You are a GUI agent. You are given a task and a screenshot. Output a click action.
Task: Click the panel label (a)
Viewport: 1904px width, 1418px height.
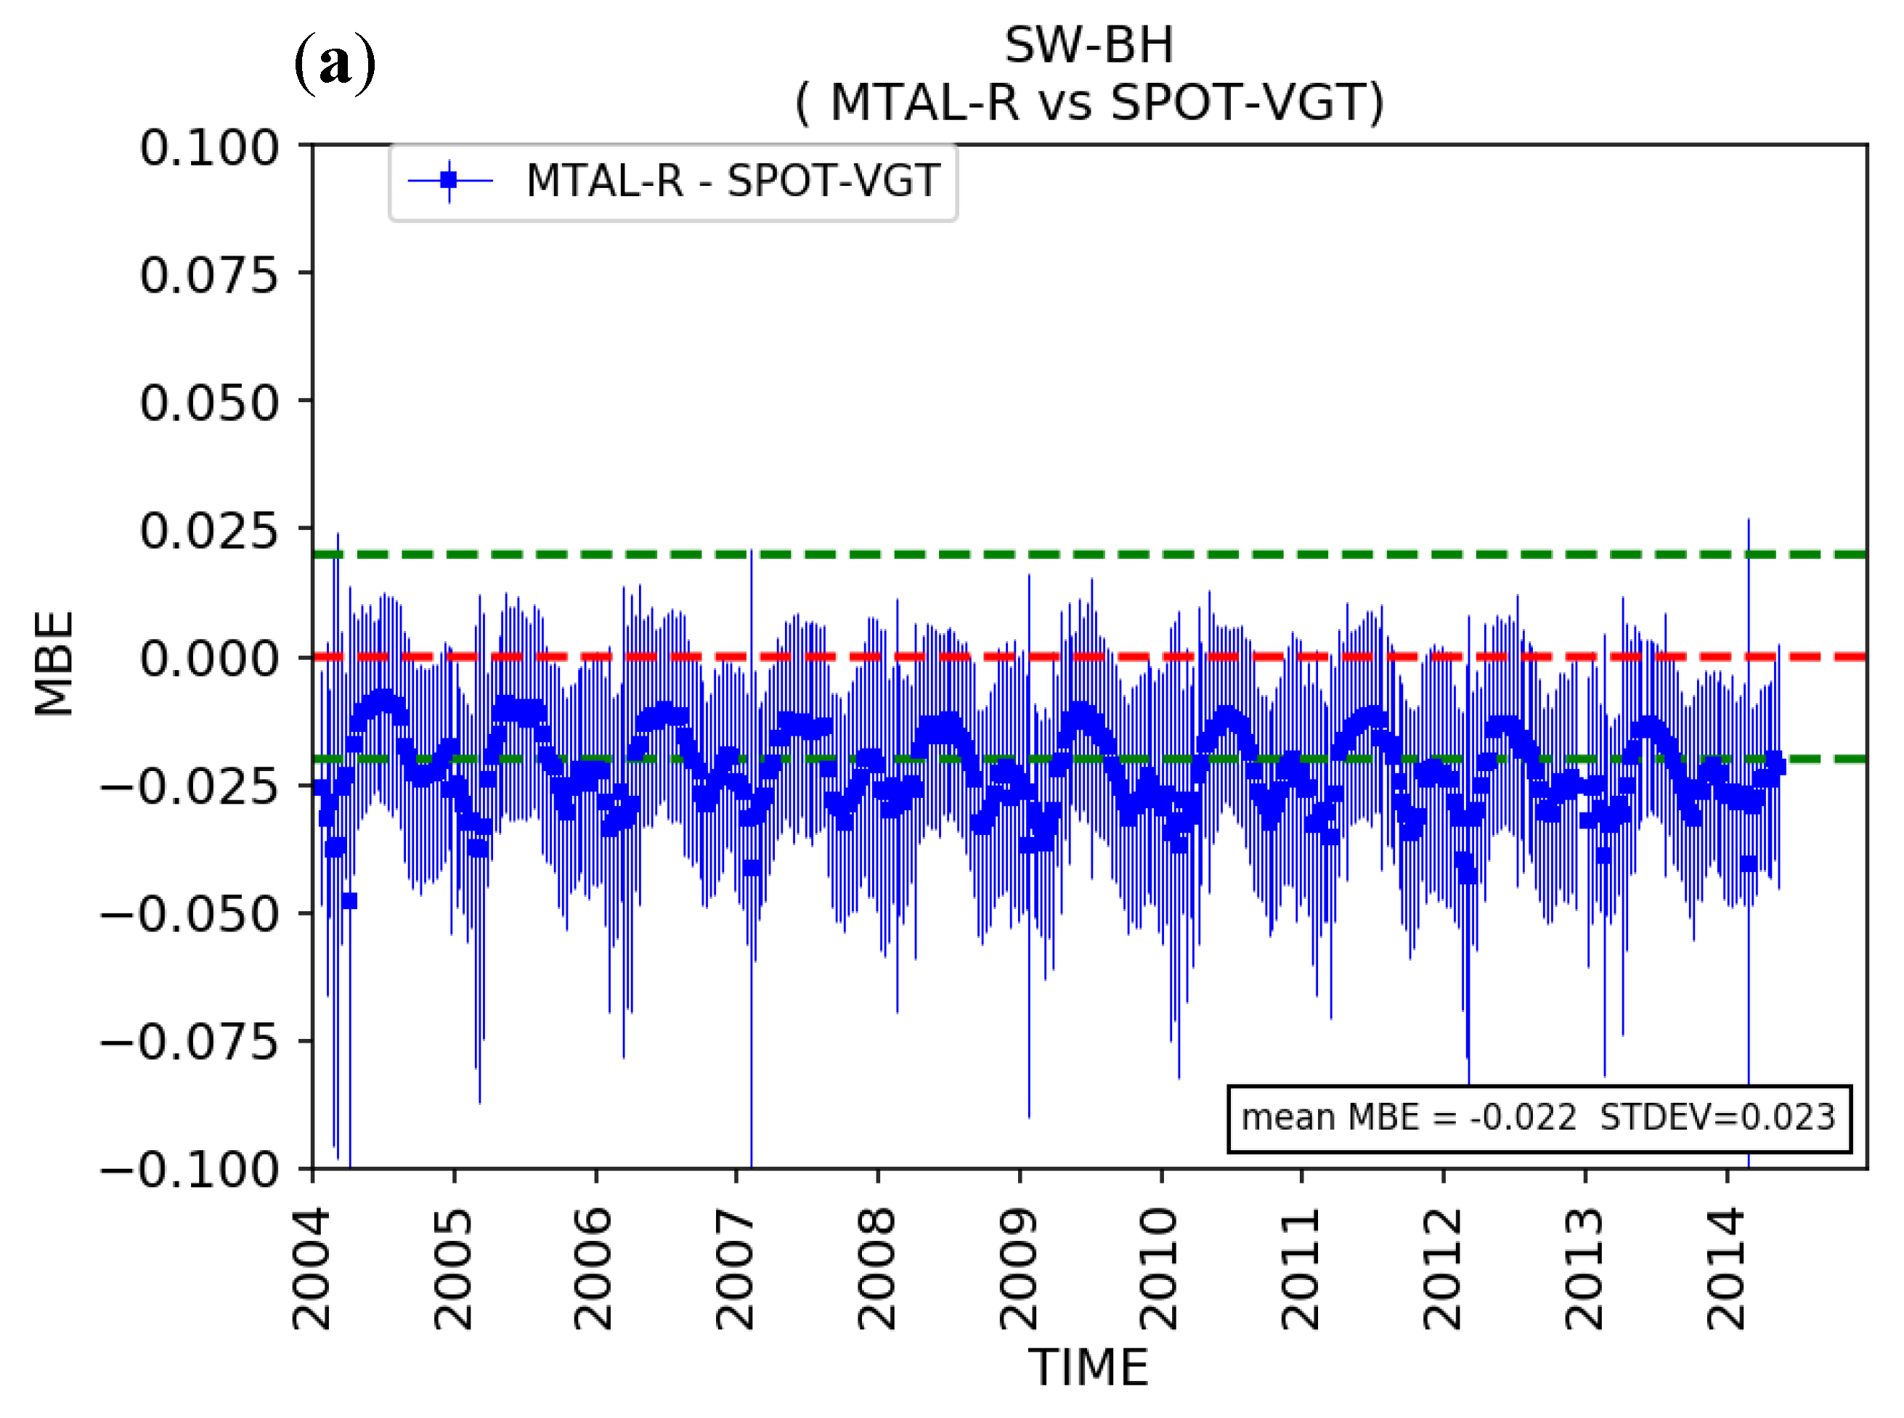tap(335, 65)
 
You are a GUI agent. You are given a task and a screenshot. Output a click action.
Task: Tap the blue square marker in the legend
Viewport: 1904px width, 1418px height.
tap(449, 180)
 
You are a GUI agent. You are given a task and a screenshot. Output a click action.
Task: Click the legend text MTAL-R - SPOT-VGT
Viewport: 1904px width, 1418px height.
tap(732, 181)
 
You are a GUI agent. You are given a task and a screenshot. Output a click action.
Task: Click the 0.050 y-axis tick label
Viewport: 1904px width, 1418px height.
tap(209, 402)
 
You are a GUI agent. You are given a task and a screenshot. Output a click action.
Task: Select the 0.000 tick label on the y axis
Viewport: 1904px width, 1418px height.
tap(209, 659)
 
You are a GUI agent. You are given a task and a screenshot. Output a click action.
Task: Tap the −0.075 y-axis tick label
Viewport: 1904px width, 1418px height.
tap(190, 1042)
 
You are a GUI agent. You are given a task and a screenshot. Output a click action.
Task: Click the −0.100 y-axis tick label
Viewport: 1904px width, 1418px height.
tap(190, 1169)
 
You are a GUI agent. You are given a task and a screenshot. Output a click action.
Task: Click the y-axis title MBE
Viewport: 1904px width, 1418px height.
tap(54, 664)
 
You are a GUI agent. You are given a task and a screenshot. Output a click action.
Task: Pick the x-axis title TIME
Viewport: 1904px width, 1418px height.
tap(1088, 1367)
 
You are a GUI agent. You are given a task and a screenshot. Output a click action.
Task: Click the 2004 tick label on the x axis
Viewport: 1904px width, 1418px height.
tap(312, 1268)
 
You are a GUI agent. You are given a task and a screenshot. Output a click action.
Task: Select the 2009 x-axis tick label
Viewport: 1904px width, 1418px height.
tap(1019, 1268)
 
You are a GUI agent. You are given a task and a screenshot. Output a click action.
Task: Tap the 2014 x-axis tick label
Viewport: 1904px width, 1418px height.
tap(1726, 1268)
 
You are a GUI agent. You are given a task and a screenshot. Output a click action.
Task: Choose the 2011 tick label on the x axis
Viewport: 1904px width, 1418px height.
tap(1301, 1268)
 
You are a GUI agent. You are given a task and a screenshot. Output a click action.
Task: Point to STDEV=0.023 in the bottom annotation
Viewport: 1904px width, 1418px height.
tap(1717, 1117)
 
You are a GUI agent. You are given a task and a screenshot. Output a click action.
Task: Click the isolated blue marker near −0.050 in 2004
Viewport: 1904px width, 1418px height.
tap(349, 900)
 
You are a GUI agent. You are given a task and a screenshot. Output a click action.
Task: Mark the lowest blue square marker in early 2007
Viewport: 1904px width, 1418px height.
tap(752, 868)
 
